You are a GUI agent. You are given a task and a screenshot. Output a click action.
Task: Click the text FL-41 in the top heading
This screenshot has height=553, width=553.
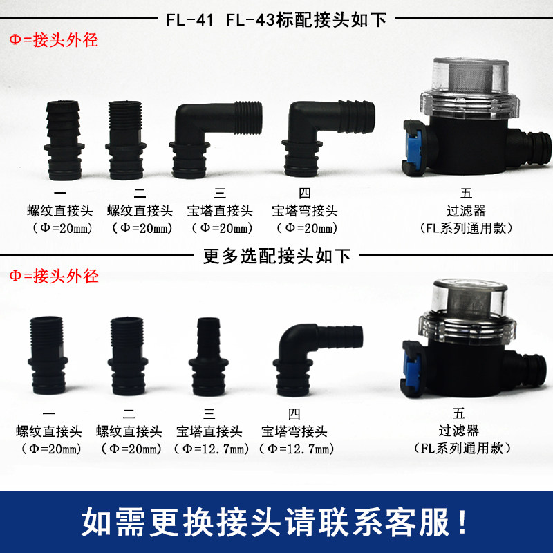190,19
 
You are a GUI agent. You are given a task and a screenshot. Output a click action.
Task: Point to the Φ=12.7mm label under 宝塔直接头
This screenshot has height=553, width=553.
209,449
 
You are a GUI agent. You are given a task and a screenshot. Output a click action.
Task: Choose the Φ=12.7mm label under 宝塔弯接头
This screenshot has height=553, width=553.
295,449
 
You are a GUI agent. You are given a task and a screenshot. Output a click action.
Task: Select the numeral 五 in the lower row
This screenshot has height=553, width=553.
459,415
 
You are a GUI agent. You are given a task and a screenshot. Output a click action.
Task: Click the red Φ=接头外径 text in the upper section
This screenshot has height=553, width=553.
54,40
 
